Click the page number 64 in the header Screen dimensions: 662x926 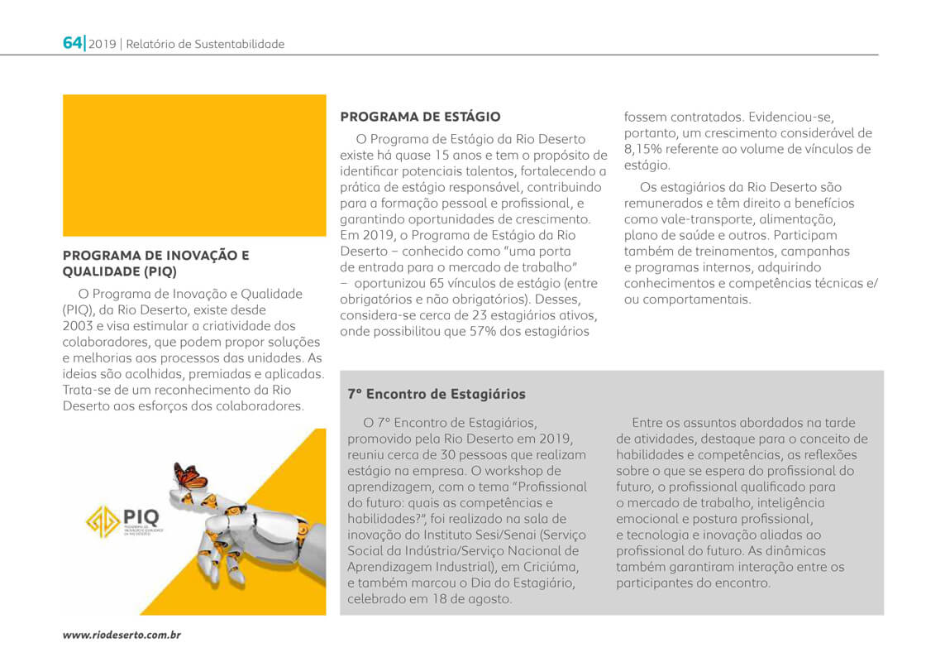tap(72, 43)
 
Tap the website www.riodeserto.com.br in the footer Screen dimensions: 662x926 tap(122, 635)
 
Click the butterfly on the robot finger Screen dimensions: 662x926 tap(190, 477)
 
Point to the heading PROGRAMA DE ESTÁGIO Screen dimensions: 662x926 tap(420, 118)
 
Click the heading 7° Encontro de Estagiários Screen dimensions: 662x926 tap(437, 395)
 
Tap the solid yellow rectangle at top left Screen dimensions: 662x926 tap(194, 165)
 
